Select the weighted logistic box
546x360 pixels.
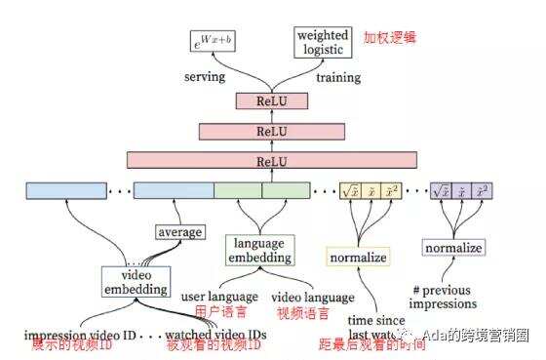(321, 40)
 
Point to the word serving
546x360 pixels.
(204, 77)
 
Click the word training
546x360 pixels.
(338, 77)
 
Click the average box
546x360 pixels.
(179, 232)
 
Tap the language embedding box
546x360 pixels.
(259, 249)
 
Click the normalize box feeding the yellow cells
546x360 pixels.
(358, 259)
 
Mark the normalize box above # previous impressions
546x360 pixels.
(453, 248)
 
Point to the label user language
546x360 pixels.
(219, 296)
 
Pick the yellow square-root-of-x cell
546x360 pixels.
(350, 190)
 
